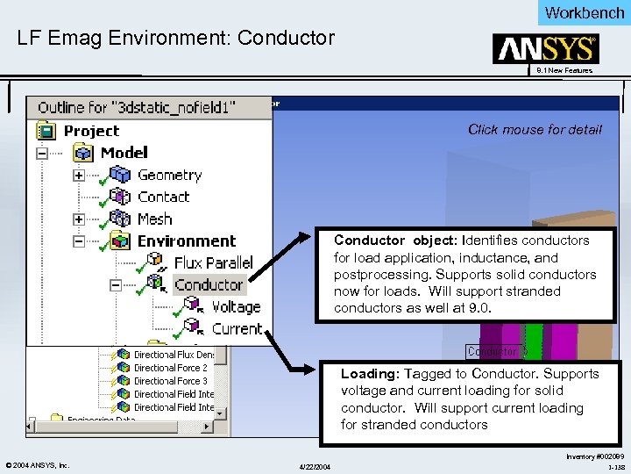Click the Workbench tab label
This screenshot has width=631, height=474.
pos(584,12)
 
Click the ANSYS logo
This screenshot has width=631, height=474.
pos(546,49)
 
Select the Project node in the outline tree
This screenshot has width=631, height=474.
pos(91,131)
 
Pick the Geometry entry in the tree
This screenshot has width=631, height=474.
pos(169,175)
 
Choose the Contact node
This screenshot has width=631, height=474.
pos(163,197)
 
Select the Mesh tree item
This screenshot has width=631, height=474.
pos(154,219)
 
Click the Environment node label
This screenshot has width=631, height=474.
pos(186,241)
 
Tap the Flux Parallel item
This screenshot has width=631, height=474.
pos(213,262)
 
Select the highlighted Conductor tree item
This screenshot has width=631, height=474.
pos(208,284)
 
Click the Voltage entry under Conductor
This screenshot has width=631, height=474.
pos(237,306)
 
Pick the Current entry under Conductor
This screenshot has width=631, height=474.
pos(237,328)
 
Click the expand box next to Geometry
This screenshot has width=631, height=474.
pos(78,176)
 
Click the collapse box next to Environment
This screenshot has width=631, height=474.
pos(78,241)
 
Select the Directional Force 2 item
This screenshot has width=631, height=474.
pos(170,368)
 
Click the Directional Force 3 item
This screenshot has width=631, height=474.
pos(170,381)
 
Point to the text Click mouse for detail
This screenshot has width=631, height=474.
pos(535,129)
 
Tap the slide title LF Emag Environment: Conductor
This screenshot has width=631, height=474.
pos(176,38)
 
